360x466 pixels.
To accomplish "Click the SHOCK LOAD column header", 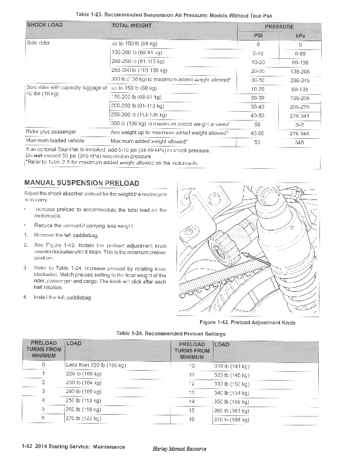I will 45,25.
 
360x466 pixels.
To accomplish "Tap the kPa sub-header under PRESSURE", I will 300,35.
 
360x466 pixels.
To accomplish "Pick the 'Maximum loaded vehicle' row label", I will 54,141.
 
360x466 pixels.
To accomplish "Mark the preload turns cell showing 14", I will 191,401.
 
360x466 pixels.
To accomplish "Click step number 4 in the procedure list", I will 25,297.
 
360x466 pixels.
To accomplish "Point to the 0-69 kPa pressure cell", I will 300,53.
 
